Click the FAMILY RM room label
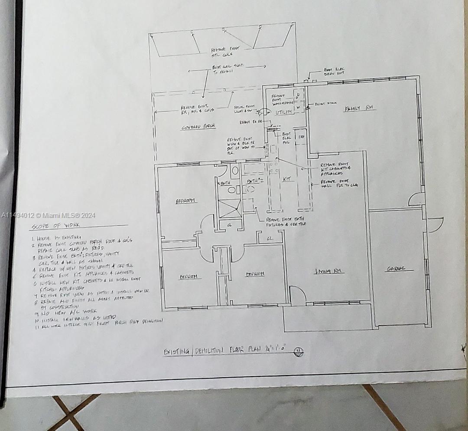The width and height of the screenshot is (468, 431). click(360, 108)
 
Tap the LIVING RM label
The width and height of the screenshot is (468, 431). click(329, 271)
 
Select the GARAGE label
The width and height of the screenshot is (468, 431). click(396, 269)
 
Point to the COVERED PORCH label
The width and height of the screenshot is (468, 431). click(198, 127)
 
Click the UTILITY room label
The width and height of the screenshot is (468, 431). click(284, 112)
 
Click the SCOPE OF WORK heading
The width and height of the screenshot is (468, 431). click(55, 226)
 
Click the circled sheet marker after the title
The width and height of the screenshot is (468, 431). click(298, 352)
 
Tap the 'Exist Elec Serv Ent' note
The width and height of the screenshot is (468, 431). click(334, 72)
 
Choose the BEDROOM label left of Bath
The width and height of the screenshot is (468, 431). click(186, 201)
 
